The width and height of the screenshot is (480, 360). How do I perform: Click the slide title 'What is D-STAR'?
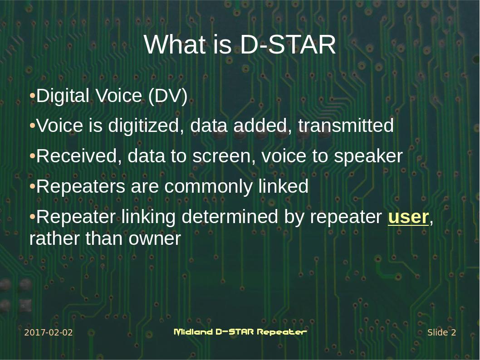tap(240, 44)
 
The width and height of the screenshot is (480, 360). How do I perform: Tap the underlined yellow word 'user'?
tap(408, 217)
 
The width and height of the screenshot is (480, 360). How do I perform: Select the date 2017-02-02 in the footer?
tap(48, 332)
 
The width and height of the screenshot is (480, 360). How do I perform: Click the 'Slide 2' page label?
tap(441, 332)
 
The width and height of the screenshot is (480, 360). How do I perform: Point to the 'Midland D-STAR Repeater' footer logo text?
tap(240, 332)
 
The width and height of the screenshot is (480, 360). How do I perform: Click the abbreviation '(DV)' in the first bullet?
tap(167, 96)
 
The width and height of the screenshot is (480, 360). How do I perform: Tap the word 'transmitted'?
tap(346, 126)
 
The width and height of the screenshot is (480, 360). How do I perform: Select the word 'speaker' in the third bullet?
tap(368, 156)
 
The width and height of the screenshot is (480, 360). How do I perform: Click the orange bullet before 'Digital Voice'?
tap(32, 96)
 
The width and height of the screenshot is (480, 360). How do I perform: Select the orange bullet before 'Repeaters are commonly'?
tap(32, 187)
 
